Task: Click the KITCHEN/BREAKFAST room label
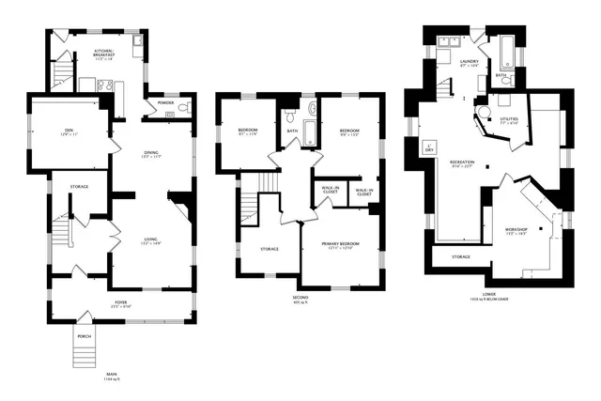point(104,54)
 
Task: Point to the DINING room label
point(151,153)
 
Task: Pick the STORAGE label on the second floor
point(270,249)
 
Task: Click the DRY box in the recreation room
point(429,147)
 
